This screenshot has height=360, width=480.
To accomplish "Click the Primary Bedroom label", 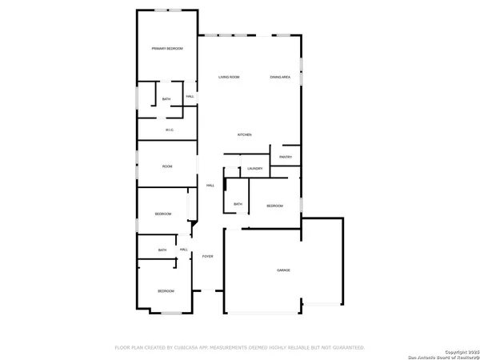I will (167, 49).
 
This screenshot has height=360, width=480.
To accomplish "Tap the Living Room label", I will (230, 77).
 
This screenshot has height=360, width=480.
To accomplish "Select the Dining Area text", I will (280, 77).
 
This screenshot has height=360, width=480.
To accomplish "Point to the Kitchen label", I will (244, 134).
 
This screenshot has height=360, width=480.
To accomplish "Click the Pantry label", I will (286, 157).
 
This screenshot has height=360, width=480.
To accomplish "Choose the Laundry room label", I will (255, 169).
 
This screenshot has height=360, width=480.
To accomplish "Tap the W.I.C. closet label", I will (170, 130).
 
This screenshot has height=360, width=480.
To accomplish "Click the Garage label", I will (283, 270).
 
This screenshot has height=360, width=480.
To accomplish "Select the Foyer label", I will (207, 256).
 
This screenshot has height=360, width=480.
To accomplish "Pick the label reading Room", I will (167, 166).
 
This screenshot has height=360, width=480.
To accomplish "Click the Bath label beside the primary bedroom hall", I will (166, 99).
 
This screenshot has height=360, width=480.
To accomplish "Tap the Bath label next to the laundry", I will (238, 204).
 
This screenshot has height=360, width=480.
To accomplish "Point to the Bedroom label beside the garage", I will (274, 206).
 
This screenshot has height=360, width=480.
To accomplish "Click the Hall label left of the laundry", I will (210, 186).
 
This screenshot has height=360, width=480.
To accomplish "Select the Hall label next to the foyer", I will (184, 250).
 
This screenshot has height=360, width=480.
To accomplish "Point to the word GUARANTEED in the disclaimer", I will (346, 348).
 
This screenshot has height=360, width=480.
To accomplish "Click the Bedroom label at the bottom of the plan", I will (166, 290).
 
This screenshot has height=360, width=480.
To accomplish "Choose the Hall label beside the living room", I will (190, 97).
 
